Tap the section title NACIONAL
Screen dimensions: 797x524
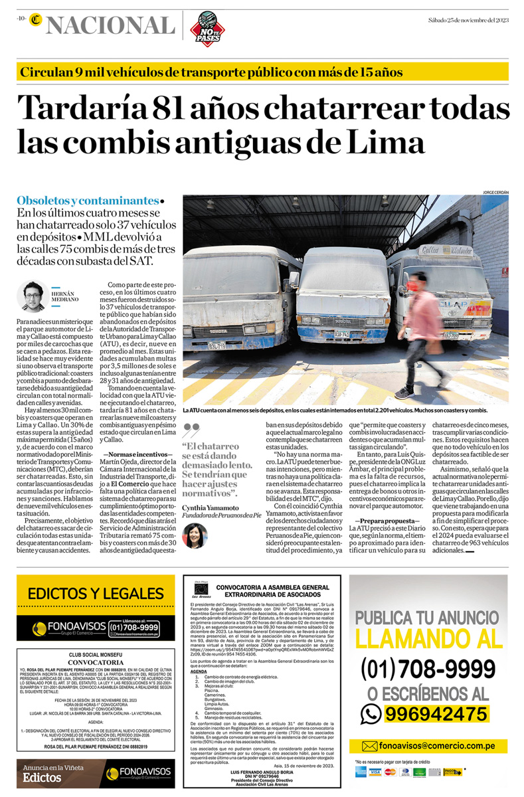tap(110, 25)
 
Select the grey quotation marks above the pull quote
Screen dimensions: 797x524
tap(191, 430)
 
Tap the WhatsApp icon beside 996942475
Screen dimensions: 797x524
tap(370, 713)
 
